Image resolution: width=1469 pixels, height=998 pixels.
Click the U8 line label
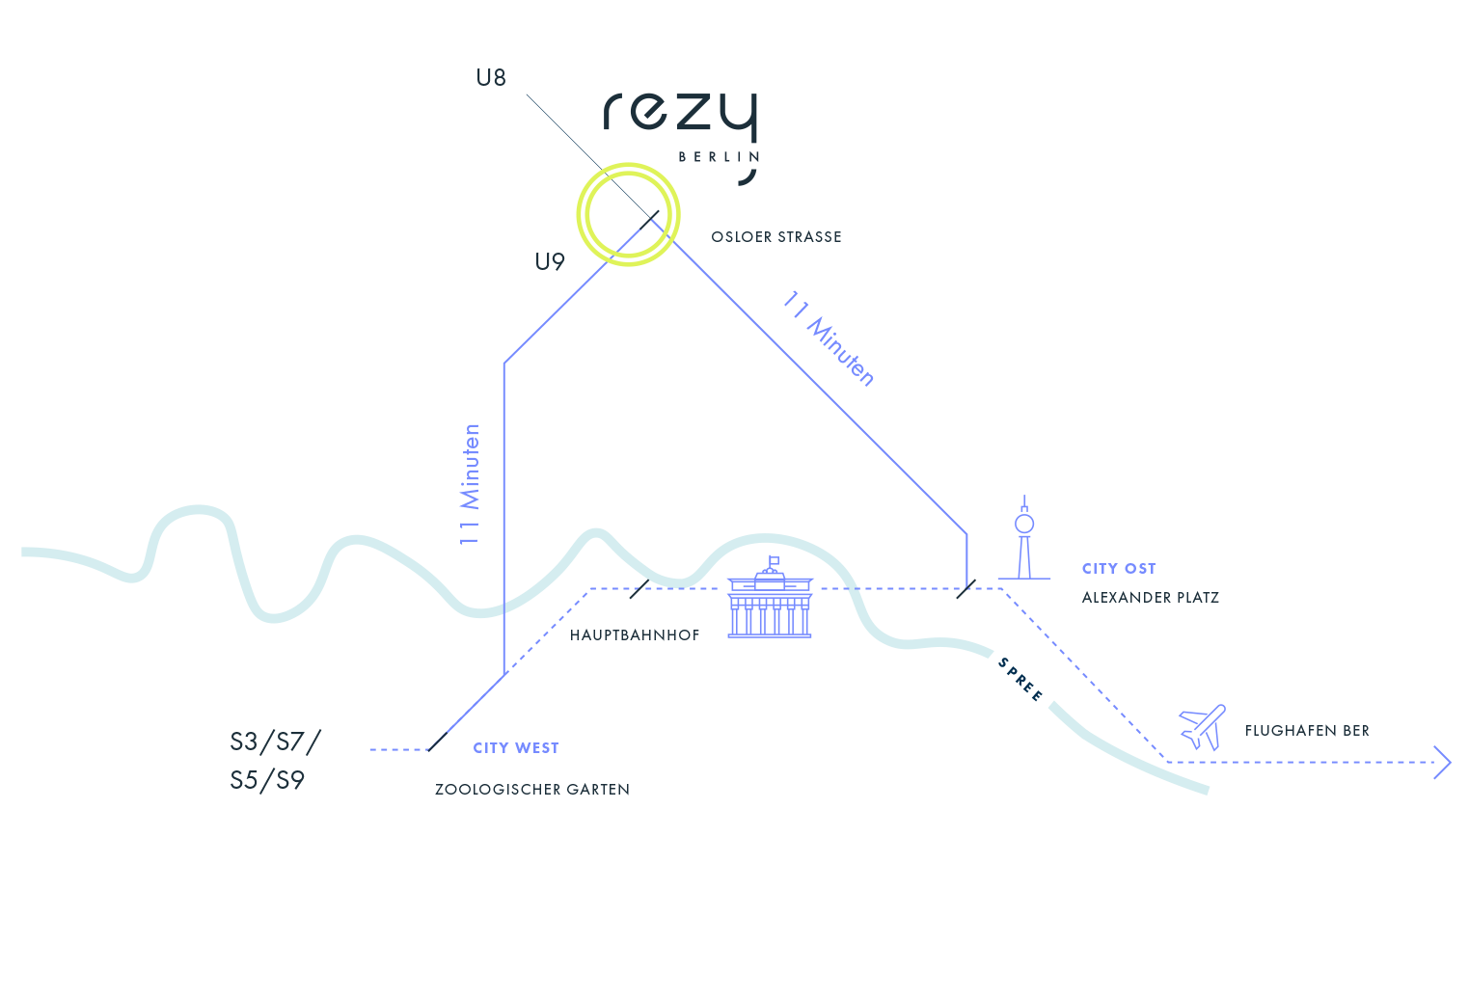[491, 77]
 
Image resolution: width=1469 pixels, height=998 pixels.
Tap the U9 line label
[550, 261]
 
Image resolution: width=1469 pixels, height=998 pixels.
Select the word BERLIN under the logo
[719, 157]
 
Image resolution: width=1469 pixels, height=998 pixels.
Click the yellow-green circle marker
[628, 214]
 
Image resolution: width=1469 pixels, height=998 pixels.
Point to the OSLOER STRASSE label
[776, 237]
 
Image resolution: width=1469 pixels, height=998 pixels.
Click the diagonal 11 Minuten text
[829, 338]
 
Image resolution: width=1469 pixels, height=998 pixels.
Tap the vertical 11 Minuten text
[470, 484]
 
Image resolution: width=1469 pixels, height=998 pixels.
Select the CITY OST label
[1119, 569]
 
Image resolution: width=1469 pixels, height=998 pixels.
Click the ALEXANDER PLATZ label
[1151, 598]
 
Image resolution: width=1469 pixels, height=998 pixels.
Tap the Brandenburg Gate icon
[770, 600]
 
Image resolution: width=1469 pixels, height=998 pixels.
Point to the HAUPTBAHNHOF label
[635, 635]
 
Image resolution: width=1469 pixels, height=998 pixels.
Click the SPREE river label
[1020, 680]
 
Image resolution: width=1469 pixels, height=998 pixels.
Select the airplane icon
[1202, 727]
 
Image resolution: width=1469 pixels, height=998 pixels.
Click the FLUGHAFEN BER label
[1307, 731]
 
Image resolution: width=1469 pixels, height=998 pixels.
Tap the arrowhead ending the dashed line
[1443, 762]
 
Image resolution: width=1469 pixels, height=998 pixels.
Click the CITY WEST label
[516, 748]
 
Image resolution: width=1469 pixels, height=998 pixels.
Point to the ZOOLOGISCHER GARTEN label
[532, 790]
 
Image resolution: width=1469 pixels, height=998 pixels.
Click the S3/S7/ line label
[276, 742]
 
